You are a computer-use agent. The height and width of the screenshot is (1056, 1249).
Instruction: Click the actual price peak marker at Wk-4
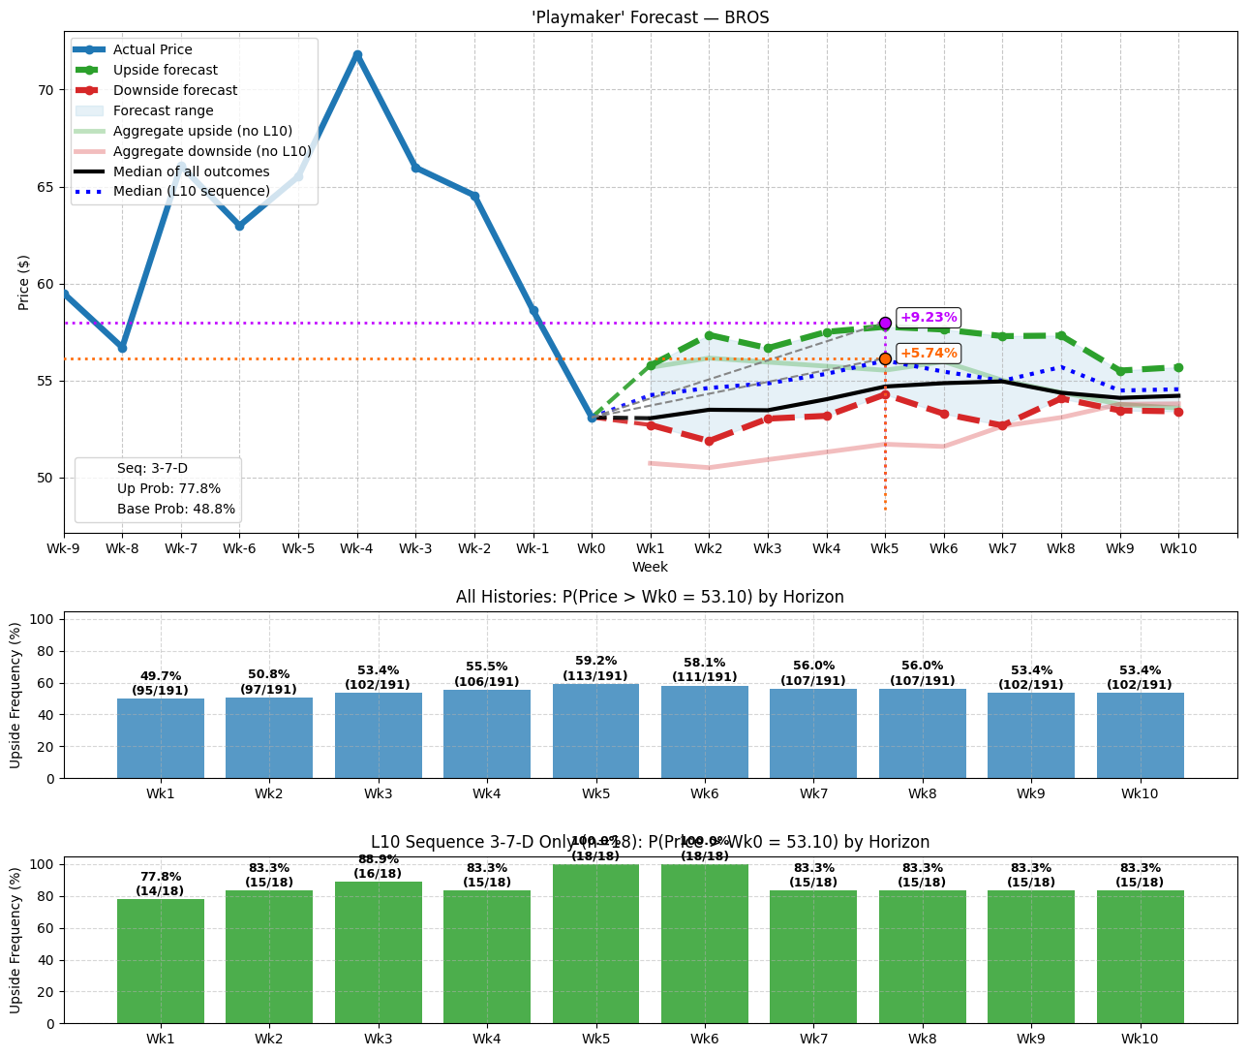point(357,55)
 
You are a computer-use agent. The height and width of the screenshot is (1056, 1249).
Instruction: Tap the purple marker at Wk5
point(885,323)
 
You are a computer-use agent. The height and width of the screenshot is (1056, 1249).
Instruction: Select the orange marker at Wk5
point(885,358)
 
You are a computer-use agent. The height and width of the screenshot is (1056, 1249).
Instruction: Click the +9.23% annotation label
point(928,317)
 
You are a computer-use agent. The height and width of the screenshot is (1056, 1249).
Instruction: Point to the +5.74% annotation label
point(928,354)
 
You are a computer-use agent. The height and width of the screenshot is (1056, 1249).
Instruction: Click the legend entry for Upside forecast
point(165,70)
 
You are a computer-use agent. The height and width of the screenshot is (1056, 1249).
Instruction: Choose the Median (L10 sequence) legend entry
point(191,191)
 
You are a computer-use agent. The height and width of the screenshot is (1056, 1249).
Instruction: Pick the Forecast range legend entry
point(163,110)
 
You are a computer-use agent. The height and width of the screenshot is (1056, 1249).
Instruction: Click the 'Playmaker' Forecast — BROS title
point(650,17)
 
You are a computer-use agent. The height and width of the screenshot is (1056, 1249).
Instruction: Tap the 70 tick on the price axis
point(45,90)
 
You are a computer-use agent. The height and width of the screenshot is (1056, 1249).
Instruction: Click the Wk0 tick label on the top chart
point(592,548)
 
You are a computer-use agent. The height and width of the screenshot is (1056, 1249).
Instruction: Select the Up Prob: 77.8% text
point(168,488)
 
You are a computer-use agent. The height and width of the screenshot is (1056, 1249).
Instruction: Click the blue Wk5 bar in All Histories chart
point(595,730)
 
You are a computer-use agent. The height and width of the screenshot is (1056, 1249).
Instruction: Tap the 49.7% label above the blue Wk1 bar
point(160,676)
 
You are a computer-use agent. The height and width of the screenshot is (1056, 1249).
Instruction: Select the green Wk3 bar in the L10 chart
point(378,951)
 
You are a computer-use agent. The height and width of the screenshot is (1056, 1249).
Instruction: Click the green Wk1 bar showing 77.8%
point(160,960)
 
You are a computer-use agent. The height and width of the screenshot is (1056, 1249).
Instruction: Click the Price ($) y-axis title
point(24,283)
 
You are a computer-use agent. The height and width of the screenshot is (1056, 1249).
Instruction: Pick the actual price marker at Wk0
point(592,418)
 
